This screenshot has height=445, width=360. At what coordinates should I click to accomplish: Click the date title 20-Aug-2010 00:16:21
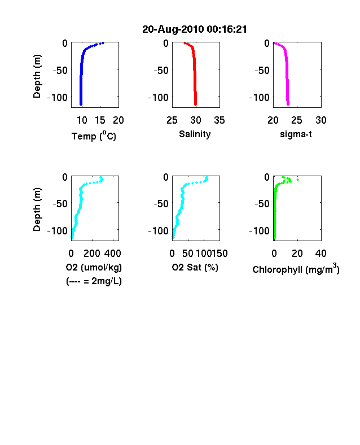(x=195, y=29)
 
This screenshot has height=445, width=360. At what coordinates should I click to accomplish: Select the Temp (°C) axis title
(x=94, y=136)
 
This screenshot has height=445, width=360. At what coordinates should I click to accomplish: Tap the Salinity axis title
(x=195, y=134)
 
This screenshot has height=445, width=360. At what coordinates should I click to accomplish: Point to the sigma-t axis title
(x=296, y=134)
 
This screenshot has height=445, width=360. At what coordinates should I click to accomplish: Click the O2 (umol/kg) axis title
(x=94, y=267)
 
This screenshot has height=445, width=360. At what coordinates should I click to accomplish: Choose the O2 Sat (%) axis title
(x=195, y=267)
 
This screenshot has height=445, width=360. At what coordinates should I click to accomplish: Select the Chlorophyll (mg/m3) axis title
(x=296, y=268)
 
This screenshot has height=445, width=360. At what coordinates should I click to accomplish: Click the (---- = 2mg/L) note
(x=94, y=281)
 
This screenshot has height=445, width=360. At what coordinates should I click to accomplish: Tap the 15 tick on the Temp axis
(x=100, y=120)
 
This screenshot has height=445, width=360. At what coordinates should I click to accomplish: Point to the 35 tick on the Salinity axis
(x=219, y=120)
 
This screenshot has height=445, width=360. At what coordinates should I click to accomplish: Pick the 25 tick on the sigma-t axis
(x=296, y=120)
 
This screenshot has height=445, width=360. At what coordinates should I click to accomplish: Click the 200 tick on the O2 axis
(x=92, y=254)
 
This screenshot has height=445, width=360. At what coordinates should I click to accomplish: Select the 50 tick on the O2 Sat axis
(x=188, y=254)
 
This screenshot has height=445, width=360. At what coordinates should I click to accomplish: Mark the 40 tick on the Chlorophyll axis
(x=321, y=254)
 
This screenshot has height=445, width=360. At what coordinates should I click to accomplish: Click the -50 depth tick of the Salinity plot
(x=161, y=70)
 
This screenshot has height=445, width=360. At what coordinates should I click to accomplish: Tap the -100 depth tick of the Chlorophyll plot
(x=260, y=230)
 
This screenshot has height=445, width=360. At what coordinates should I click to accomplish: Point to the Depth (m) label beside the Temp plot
(x=37, y=76)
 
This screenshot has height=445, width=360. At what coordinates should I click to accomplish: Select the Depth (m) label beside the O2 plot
(x=37, y=210)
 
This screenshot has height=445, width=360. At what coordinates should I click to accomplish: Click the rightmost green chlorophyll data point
(x=297, y=180)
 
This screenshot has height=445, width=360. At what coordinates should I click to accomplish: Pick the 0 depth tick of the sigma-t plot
(x=267, y=43)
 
